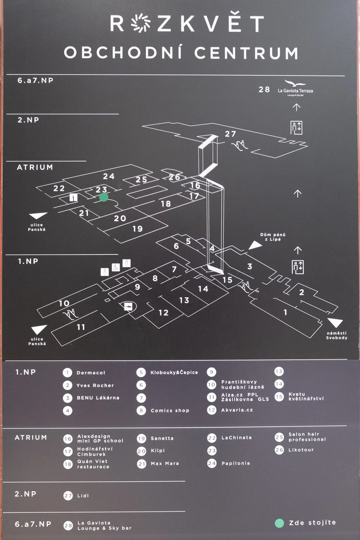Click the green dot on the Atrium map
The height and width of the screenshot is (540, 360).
(103, 197)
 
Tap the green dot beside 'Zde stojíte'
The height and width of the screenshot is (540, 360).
(279, 523)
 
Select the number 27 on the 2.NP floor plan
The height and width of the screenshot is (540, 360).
(230, 134)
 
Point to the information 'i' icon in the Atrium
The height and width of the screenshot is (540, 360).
(73, 197)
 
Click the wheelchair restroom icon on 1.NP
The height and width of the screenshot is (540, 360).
(116, 267)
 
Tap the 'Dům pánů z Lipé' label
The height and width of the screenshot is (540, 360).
(273, 237)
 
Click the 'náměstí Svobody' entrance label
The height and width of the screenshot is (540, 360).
(336, 335)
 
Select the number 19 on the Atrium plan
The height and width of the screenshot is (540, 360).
(137, 229)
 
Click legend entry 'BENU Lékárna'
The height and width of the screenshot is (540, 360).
(98, 398)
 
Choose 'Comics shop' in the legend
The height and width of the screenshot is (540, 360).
(170, 410)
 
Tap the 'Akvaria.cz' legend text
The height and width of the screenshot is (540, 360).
(237, 410)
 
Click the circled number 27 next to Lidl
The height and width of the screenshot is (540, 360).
(68, 496)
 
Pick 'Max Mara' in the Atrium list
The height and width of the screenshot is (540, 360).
(165, 463)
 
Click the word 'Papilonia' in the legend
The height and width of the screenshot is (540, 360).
(236, 463)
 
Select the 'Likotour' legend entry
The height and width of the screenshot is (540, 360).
(301, 450)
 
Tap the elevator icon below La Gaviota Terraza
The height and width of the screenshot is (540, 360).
(296, 127)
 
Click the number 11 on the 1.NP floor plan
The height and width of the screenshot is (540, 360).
(81, 327)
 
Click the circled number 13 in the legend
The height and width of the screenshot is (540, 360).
(279, 372)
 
